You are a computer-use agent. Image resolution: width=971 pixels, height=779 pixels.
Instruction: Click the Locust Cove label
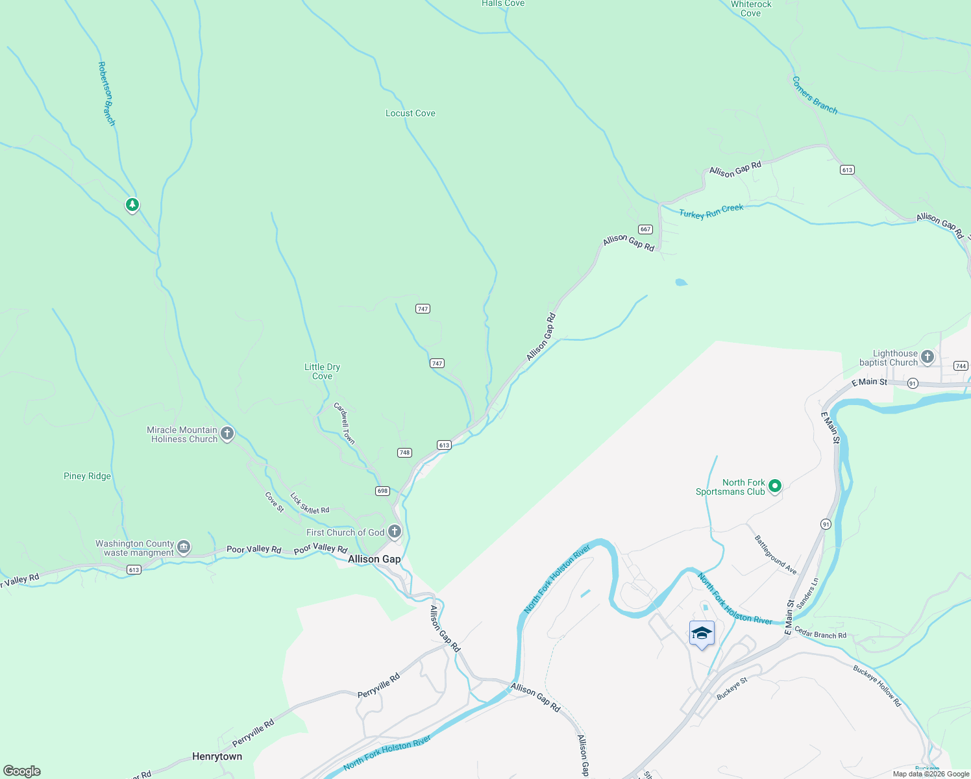click(x=410, y=113)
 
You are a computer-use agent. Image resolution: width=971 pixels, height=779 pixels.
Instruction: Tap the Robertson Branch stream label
click(x=106, y=93)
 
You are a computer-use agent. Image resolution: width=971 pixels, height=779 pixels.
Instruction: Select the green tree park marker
click(x=132, y=205)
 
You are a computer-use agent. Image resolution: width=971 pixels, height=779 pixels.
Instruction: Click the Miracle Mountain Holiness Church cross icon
click(x=227, y=434)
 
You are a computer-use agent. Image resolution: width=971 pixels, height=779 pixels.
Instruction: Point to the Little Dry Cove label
click(x=322, y=371)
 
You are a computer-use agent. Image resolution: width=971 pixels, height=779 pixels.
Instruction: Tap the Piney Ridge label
click(x=87, y=476)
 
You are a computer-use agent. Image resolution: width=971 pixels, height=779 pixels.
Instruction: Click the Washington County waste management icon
click(x=184, y=547)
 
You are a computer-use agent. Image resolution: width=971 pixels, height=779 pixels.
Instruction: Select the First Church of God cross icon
click(x=394, y=532)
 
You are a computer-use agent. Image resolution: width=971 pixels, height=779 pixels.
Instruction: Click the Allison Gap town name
click(x=374, y=559)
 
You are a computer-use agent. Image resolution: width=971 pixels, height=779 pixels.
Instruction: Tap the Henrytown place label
click(x=217, y=756)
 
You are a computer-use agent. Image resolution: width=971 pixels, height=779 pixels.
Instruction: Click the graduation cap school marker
click(x=702, y=633)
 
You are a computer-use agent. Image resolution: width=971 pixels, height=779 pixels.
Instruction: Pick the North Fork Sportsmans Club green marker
click(x=774, y=486)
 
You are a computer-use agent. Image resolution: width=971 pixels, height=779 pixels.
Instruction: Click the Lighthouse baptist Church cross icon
click(x=928, y=356)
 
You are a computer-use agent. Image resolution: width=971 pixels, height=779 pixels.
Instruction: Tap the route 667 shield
click(x=645, y=229)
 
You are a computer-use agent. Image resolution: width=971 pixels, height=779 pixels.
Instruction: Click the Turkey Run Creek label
click(x=711, y=211)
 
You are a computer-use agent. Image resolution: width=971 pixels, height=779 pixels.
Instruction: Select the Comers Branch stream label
click(x=815, y=95)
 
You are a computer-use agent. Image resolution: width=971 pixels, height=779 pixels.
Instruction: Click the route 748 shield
click(x=404, y=452)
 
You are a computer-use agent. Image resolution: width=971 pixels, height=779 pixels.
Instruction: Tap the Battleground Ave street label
click(x=776, y=554)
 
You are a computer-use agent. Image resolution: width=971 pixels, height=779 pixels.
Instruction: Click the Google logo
click(x=22, y=771)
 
